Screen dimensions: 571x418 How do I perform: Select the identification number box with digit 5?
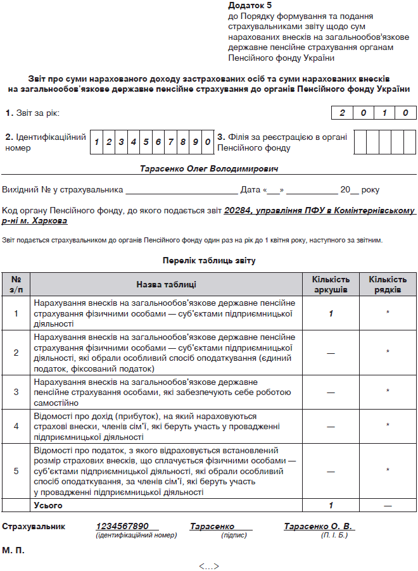[146, 142]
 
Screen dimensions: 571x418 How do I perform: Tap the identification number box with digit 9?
[195, 142]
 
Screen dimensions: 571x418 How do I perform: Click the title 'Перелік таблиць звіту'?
[208, 260]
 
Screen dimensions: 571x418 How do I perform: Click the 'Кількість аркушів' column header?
[331, 284]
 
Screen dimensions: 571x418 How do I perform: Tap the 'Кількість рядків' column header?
[388, 284]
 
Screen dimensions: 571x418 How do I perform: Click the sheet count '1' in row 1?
[331, 313]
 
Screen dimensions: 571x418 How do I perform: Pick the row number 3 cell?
[16, 392]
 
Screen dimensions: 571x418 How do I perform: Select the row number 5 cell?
[16, 470]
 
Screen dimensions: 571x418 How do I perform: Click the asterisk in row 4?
[388, 426]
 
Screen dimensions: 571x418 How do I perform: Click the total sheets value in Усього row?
[331, 506]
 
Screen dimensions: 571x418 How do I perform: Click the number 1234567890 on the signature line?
[122, 527]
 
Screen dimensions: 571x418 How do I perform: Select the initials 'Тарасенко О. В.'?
[319, 527]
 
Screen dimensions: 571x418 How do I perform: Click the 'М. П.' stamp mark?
[14, 551]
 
